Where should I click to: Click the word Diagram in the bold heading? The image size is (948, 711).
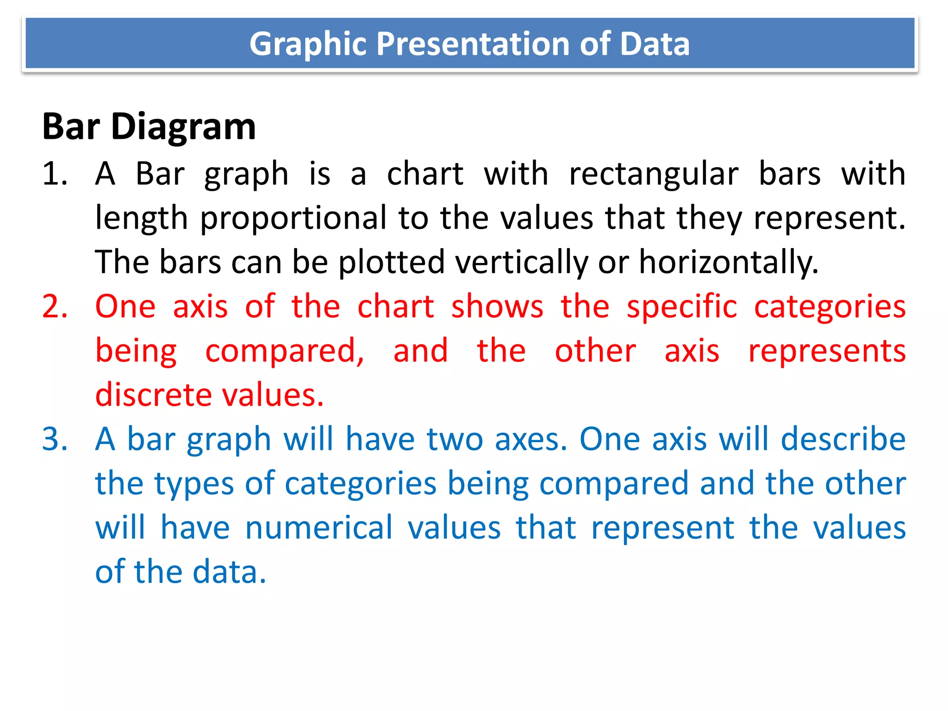pyautogui.click(x=183, y=127)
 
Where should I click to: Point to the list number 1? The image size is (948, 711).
pyautogui.click(x=54, y=174)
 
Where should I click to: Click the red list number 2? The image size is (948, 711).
pyautogui.click(x=54, y=306)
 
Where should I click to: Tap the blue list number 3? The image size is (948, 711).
pyautogui.click(x=54, y=439)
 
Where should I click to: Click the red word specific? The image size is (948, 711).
pyautogui.click(x=681, y=306)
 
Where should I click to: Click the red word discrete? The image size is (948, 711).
pyautogui.click(x=153, y=395)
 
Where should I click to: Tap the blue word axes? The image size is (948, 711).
pyautogui.click(x=531, y=439)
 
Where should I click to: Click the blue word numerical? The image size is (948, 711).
pyautogui.click(x=319, y=528)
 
